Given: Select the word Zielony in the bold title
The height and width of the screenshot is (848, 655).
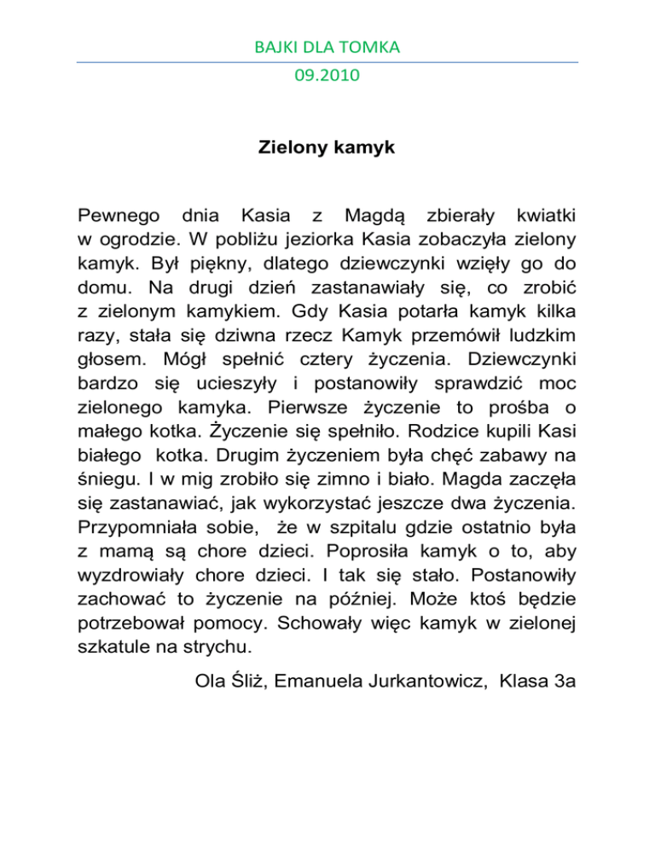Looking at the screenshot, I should tap(291, 148).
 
